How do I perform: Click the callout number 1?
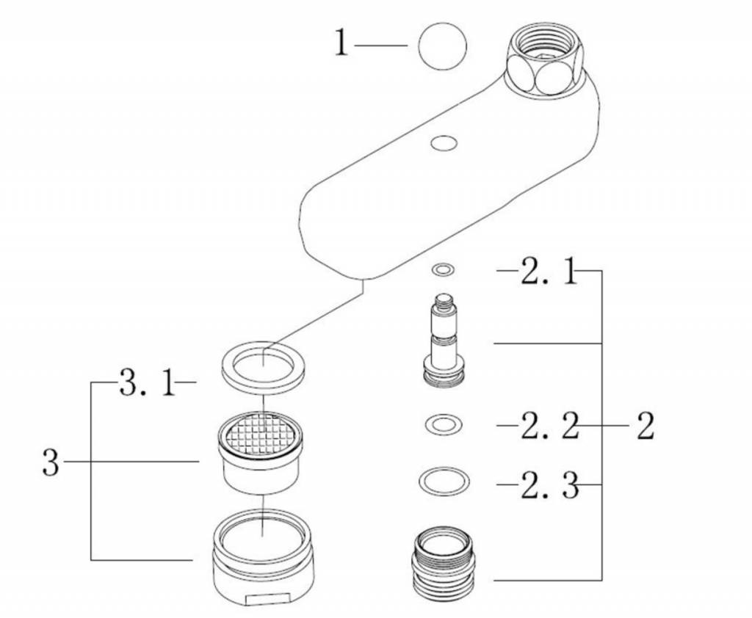(340, 44)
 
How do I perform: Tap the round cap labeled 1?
(442, 46)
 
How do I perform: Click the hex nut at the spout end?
(544, 59)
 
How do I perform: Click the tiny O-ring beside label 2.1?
(443, 271)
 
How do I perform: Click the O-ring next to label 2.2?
(443, 423)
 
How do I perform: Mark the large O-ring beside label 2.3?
(444, 482)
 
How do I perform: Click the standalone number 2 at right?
(645, 426)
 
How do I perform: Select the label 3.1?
(148, 383)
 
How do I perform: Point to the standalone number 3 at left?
(49, 463)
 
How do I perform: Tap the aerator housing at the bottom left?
(262, 558)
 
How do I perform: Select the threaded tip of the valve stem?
(444, 300)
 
